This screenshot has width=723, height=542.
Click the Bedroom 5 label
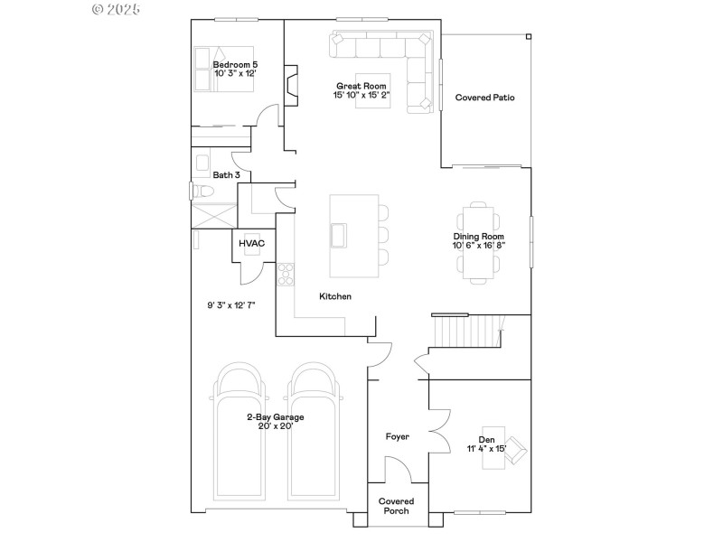[x=235, y=65]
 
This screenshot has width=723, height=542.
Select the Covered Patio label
[x=484, y=98]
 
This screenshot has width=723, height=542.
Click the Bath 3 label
[x=226, y=175]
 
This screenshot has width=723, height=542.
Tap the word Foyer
[x=398, y=437]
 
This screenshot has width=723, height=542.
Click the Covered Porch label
[x=396, y=506]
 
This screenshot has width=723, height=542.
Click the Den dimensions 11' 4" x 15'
[x=487, y=448]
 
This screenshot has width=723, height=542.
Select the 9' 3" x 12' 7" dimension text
[x=231, y=305]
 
